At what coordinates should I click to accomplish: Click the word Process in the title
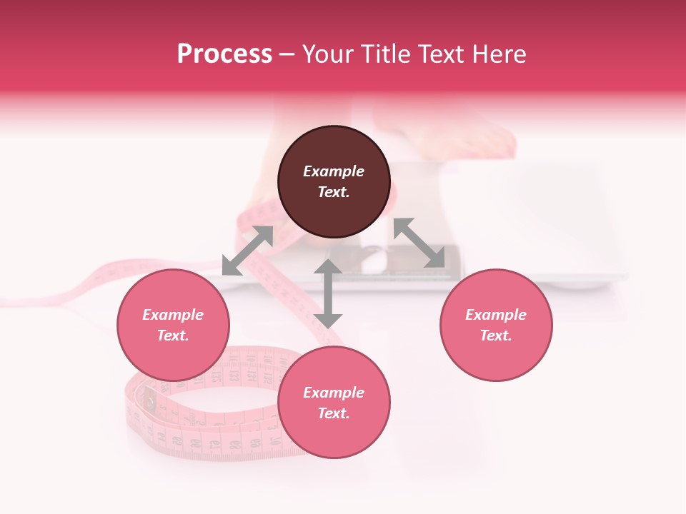click(224, 54)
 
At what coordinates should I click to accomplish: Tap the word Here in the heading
click(499, 54)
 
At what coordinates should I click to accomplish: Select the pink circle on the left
click(173, 350)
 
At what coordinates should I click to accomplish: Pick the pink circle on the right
click(496, 350)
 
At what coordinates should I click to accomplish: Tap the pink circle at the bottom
click(334, 428)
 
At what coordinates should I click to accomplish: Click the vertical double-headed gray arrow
click(328, 293)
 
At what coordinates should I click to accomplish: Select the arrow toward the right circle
click(419, 243)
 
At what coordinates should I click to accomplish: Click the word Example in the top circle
click(334, 171)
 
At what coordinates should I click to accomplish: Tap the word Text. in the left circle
click(173, 336)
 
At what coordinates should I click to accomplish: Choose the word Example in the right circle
click(496, 315)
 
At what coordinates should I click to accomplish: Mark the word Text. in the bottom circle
click(334, 413)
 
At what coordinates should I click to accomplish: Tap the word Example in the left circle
click(173, 315)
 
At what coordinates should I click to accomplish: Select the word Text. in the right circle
click(496, 336)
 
